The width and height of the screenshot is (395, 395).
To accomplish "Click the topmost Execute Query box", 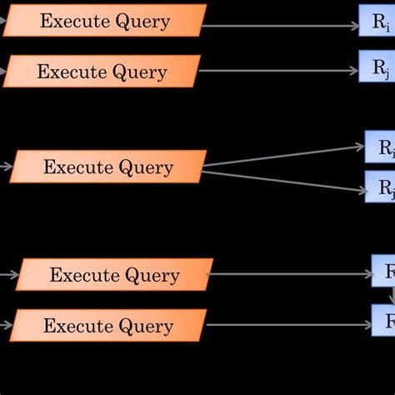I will click(104, 21).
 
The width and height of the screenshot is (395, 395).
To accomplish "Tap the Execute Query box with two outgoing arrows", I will click(108, 167).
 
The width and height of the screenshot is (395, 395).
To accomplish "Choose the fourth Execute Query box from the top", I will click(114, 275).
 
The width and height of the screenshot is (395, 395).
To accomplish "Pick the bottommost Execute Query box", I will click(108, 326).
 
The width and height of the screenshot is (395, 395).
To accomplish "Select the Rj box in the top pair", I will click(377, 67).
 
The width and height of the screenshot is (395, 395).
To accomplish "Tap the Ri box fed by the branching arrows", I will click(380, 147).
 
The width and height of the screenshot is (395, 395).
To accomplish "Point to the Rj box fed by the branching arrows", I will click(380, 187).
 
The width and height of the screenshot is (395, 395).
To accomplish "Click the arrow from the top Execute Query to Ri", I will click(279, 25).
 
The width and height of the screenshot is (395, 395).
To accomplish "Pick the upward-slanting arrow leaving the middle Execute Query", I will click(283, 157).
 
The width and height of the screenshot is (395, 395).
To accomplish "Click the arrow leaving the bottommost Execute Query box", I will click(287, 323).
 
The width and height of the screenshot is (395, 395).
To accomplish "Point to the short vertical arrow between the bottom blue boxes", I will click(392, 296).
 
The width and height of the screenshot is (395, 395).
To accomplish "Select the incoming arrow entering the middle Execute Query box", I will click(6, 167).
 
